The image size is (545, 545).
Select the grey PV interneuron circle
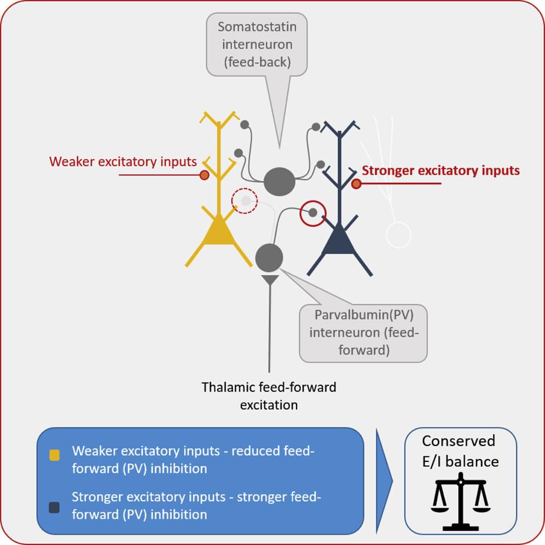pos(269,257)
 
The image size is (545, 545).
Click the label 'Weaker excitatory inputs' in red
pos(123,162)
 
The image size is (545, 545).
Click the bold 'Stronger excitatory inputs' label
pos(441,171)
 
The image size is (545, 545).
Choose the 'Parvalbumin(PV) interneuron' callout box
pos(363,333)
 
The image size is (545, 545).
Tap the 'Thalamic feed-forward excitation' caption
pos(269,396)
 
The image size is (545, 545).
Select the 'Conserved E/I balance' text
pos(460,451)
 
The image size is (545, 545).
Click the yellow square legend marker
pos(55,454)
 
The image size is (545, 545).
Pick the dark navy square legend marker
pos(55,507)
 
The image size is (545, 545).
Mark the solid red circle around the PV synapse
pos(312,213)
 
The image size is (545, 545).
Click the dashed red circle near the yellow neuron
pos(244,201)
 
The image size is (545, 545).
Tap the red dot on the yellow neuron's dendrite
pos(204,175)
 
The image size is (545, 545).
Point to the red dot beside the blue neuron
pos(356,184)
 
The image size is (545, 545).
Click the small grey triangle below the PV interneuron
pos(270,280)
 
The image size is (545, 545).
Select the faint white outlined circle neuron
pos(398,234)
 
